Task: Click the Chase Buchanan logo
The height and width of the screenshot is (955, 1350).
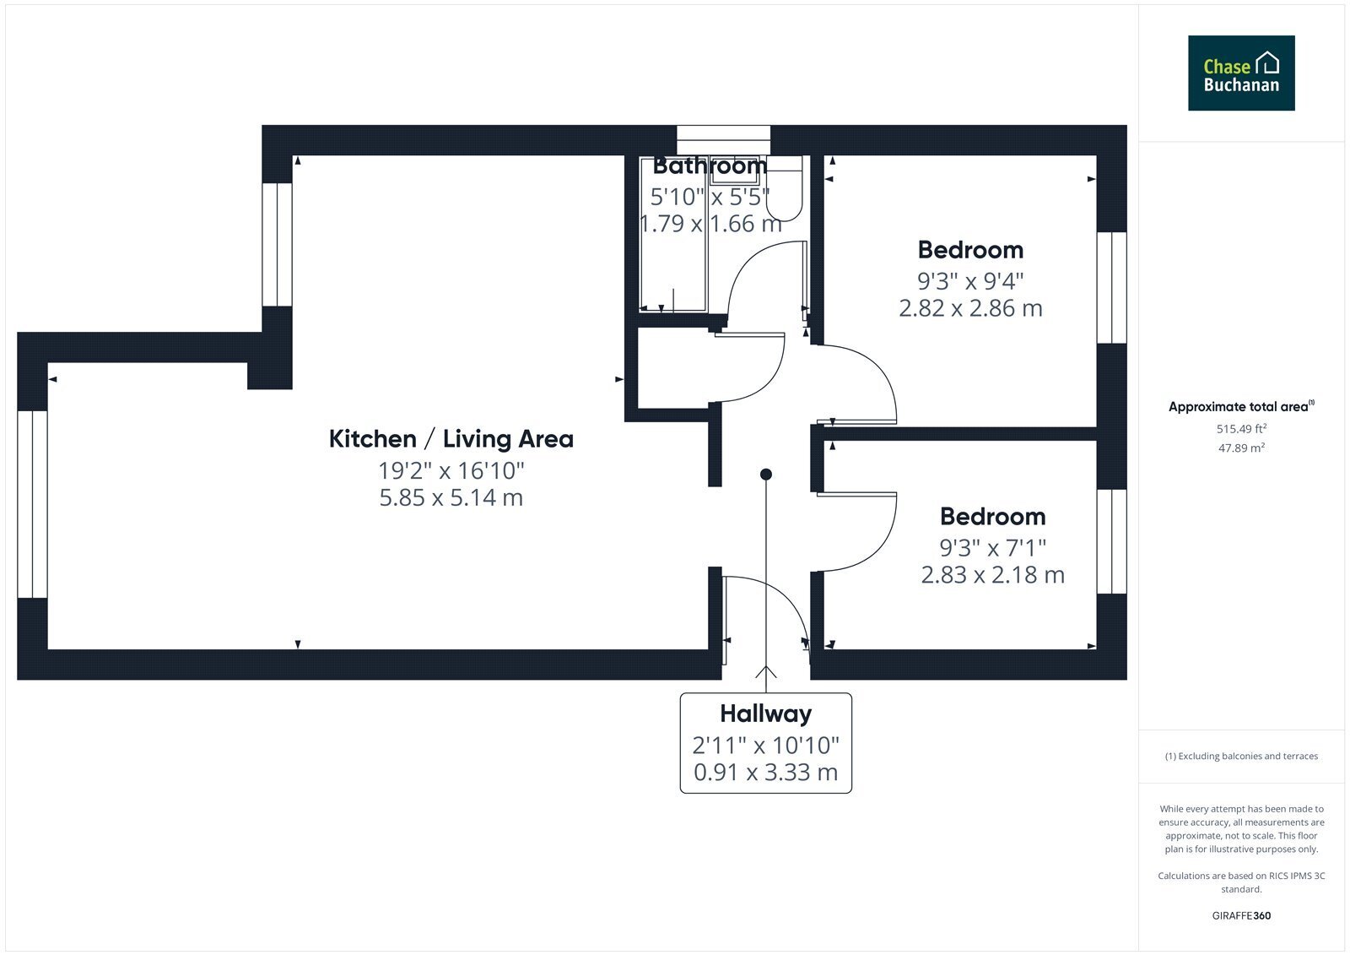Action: point(1241,73)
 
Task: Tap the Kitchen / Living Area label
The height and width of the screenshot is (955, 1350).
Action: point(451,439)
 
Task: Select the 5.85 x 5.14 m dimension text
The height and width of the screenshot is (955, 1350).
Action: point(451,497)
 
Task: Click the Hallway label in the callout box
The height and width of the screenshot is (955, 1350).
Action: point(765,714)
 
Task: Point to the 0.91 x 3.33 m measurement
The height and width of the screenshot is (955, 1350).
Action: point(765,773)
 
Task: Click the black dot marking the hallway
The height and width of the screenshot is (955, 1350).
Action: point(766,475)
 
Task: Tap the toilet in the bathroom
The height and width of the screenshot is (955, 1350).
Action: point(784,189)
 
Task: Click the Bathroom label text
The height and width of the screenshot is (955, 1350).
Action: point(710,165)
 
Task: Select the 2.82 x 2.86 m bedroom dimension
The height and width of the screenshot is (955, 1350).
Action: point(970,308)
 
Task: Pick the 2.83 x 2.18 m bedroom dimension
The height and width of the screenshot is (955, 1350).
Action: point(992,575)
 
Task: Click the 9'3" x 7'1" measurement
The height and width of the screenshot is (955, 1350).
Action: point(992,548)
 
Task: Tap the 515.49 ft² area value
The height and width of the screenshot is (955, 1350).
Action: point(1241,429)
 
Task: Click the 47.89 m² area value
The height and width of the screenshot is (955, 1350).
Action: point(1241,448)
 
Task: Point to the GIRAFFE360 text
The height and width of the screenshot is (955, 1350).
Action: point(1241,916)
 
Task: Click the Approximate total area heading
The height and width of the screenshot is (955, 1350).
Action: point(1241,407)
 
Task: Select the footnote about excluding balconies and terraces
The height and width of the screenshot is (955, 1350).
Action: point(1241,757)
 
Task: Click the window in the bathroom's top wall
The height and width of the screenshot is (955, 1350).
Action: point(723,140)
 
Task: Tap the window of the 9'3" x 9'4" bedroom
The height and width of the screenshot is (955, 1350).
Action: point(1111,288)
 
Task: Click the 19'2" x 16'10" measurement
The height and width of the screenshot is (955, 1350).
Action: point(451,470)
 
